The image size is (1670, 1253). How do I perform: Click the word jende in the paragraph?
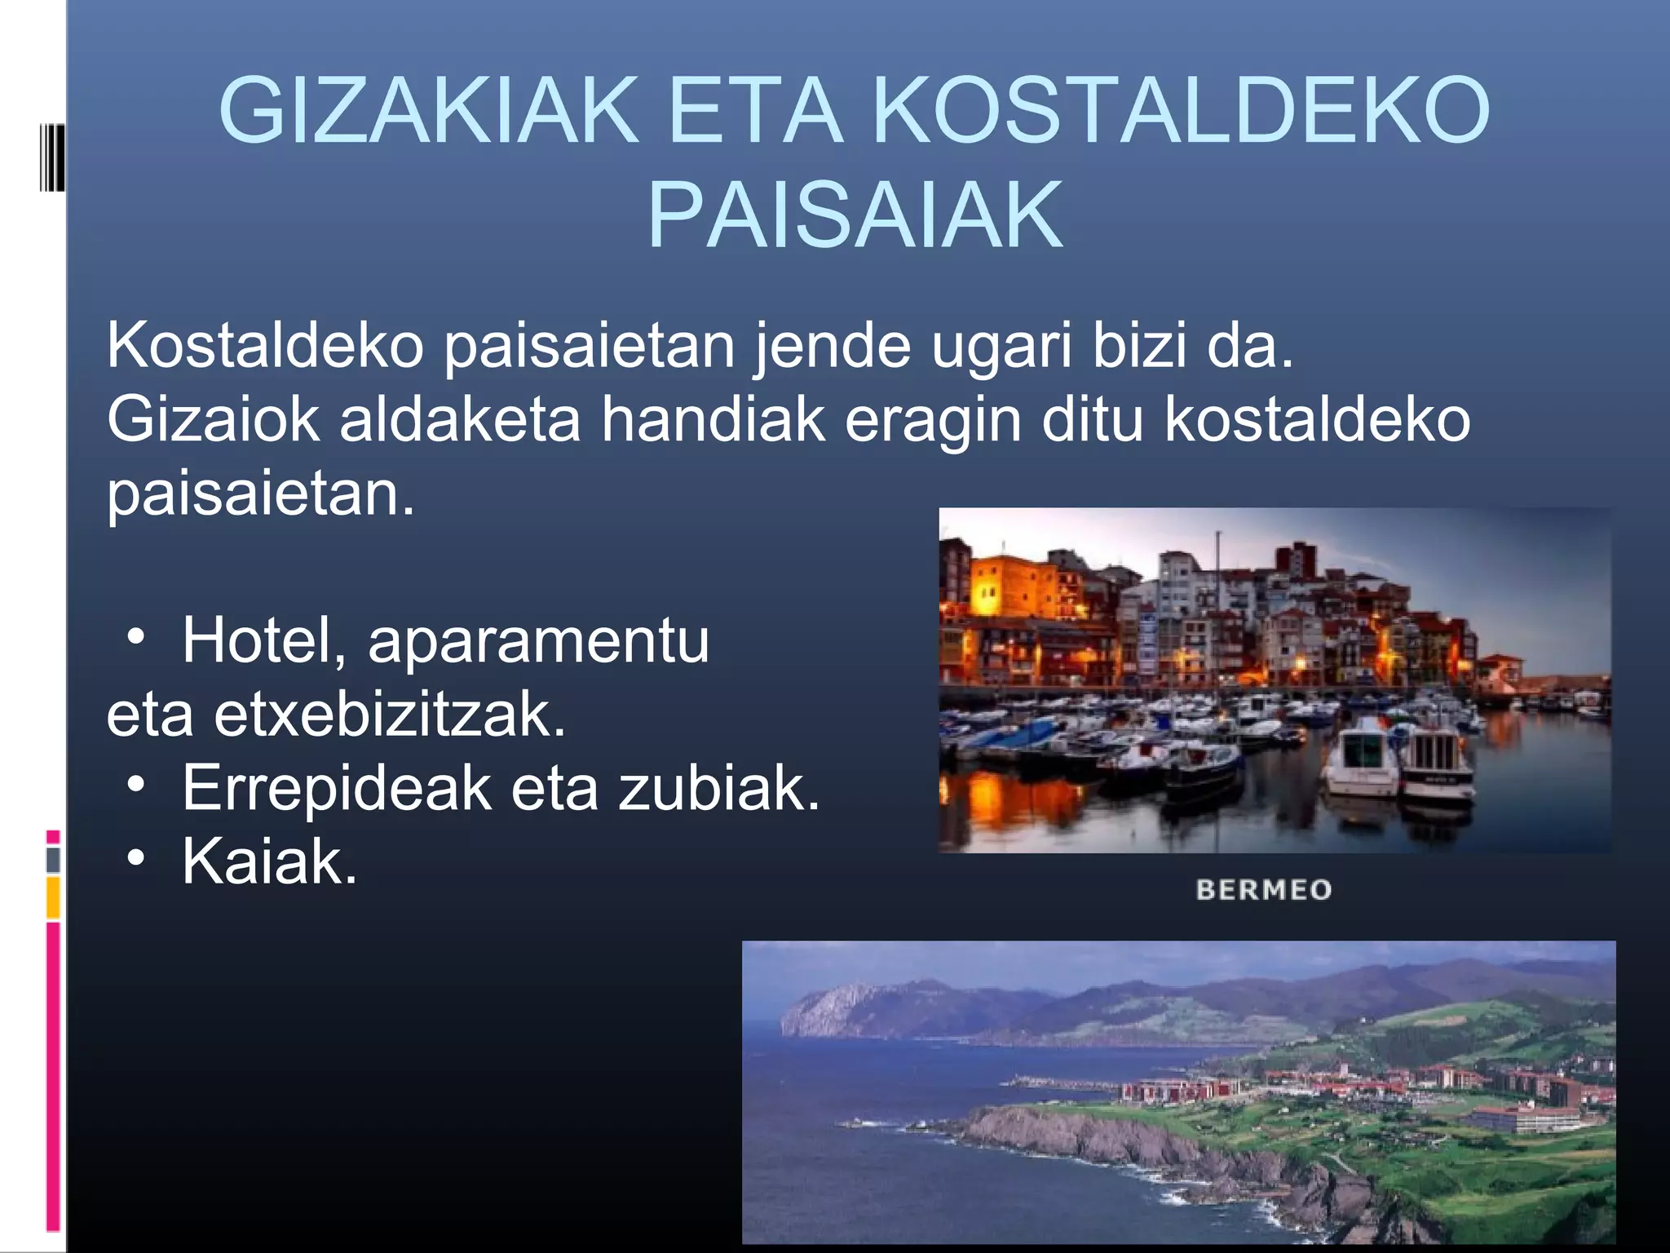tap(831, 346)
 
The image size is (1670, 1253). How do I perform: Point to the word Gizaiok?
tap(213, 419)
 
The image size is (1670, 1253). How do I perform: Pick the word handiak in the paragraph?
tap(714, 419)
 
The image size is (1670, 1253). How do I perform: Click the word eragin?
tap(933, 421)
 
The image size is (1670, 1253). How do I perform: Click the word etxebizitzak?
tap(390, 715)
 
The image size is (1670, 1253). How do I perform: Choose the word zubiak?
tap(718, 788)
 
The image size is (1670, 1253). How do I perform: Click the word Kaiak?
tap(270, 861)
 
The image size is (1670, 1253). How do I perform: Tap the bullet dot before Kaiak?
tap(136, 858)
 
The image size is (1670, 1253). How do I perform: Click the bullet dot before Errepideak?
tap(136, 785)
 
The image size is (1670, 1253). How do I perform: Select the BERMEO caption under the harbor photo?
tap(1263, 889)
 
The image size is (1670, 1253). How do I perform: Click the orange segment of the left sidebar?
tap(53, 897)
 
